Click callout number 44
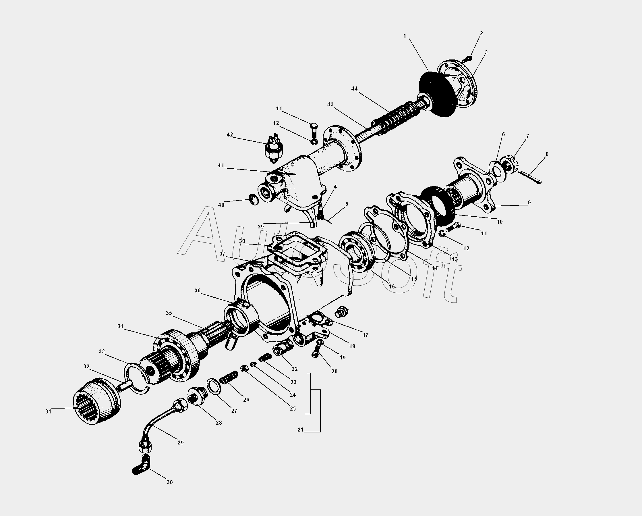tap(354, 89)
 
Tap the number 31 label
tap(48, 412)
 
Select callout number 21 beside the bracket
tap(300, 430)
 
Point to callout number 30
tap(169, 482)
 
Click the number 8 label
tap(547, 154)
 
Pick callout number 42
tap(230, 135)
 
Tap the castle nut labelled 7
tap(511, 163)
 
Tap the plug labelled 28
tap(196, 396)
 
